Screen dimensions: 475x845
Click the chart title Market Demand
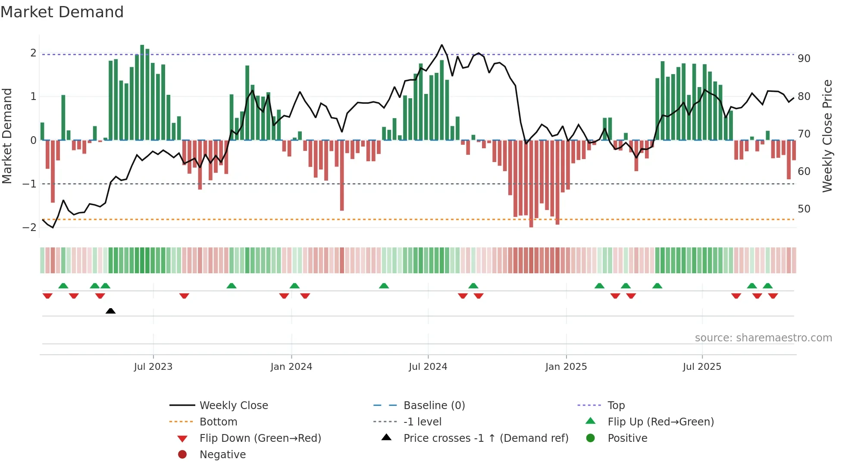click(62, 12)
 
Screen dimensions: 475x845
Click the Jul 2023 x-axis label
click(153, 367)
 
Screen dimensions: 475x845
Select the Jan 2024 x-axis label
click(291, 367)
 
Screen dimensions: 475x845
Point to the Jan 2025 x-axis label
click(566, 367)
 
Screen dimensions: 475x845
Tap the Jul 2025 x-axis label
click(702, 367)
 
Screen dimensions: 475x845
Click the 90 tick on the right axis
click(804, 59)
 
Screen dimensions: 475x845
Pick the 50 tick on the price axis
click(804, 209)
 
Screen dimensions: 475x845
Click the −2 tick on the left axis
click(30, 228)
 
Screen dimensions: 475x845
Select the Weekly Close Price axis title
click(827, 136)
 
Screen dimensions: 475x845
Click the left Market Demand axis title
click(7, 136)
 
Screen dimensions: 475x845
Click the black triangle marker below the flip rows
click(110, 311)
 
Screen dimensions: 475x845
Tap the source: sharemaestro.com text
click(763, 338)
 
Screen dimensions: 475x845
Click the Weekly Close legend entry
click(233, 406)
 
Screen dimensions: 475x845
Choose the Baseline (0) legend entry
click(434, 406)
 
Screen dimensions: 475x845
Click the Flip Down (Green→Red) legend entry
click(260, 438)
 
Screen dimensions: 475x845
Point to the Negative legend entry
click(222, 455)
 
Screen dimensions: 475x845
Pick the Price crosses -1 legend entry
click(485, 438)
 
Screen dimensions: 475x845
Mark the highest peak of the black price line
click(442, 45)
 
